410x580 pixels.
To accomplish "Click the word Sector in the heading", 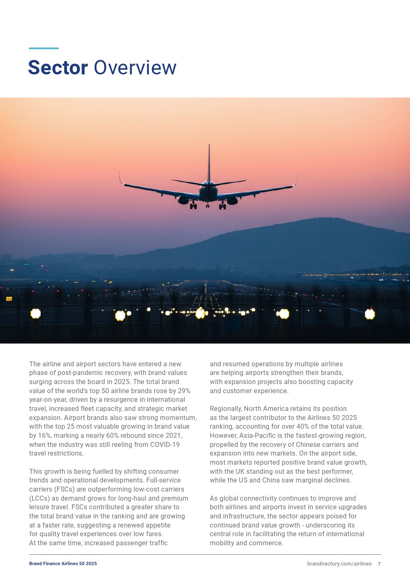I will click(58, 68).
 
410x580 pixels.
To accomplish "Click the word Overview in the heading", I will click(135, 68).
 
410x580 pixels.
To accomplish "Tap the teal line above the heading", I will click(44, 48).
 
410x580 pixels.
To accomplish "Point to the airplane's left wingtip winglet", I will click(120, 177).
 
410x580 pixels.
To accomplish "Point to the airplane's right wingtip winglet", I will click(297, 179).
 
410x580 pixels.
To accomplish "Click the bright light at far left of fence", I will click(36, 314).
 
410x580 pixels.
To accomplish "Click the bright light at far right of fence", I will click(370, 314).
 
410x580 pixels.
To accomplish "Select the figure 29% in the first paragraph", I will click(184, 391).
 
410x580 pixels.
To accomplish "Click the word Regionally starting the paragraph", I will click(226, 408).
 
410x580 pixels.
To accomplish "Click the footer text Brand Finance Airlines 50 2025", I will click(63, 563).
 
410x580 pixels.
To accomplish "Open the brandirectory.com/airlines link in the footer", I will click(339, 563).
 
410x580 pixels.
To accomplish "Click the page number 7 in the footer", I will click(379, 563).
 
